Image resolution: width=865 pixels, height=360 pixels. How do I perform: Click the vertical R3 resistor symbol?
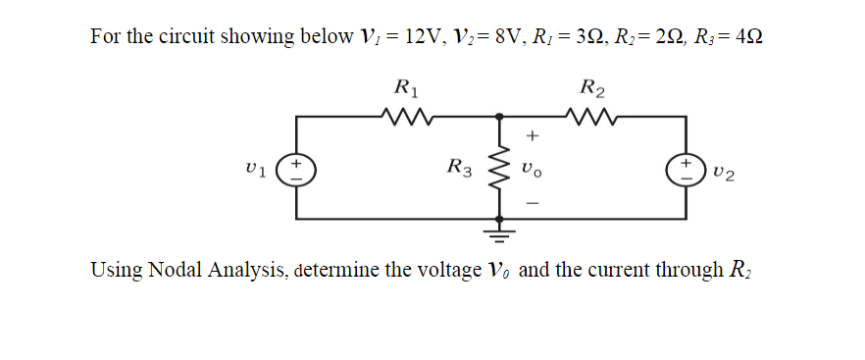[499, 168]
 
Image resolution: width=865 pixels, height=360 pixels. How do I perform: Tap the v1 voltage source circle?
[296, 168]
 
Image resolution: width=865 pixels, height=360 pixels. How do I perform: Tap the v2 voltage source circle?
[687, 168]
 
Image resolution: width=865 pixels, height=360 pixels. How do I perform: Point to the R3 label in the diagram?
[459, 168]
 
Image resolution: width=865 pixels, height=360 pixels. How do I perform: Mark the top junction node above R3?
[499, 117]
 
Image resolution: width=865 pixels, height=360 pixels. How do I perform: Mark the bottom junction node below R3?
[499, 218]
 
